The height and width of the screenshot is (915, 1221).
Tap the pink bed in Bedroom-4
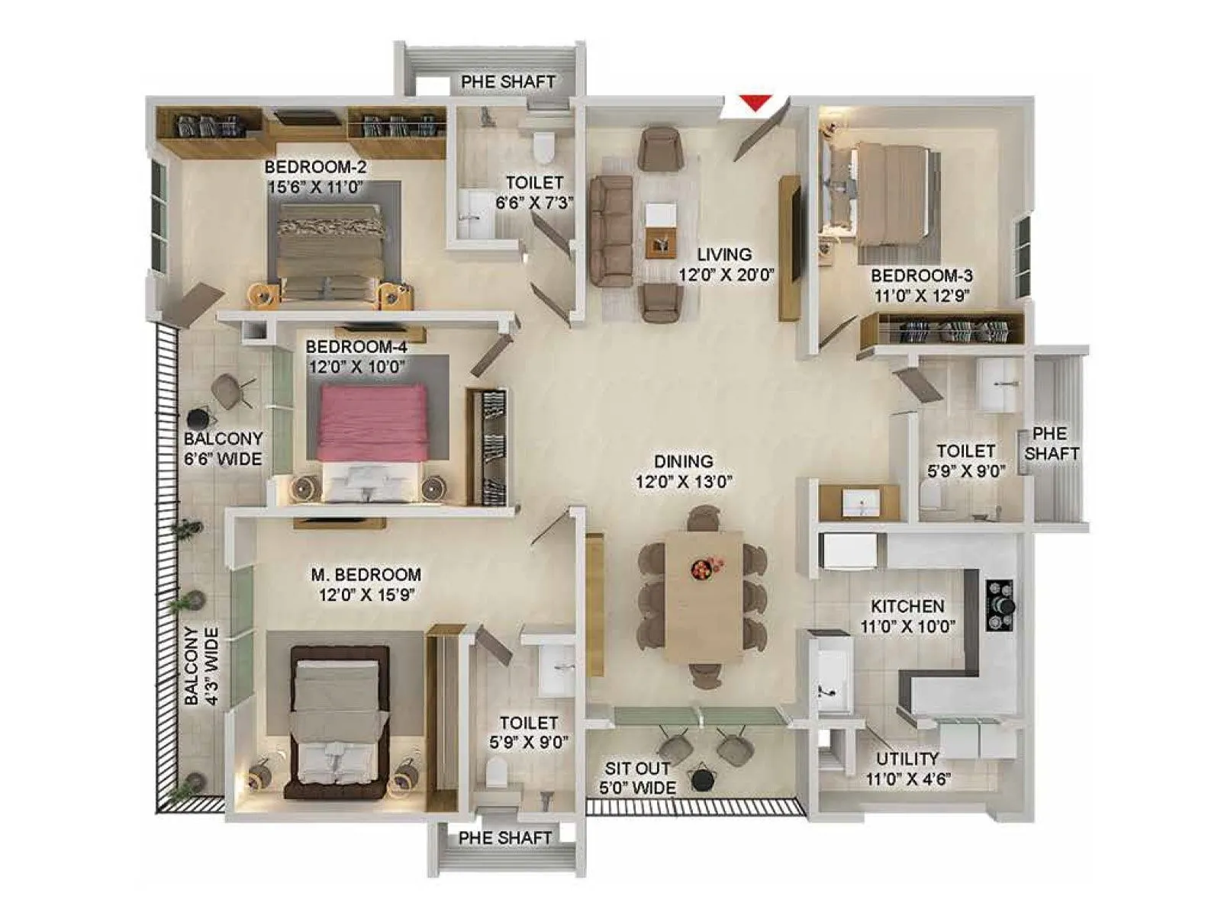pos(372,422)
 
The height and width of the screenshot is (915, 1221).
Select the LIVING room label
pos(724,255)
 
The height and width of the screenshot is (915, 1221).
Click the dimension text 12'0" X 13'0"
pos(684,482)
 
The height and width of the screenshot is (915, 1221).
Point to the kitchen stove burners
pos(1000,605)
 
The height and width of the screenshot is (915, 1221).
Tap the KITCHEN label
pos(907,606)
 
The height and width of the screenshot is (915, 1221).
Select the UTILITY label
pos(907,759)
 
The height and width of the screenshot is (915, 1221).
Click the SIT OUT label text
pos(637,769)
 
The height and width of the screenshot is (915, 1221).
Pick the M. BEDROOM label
pos(366,574)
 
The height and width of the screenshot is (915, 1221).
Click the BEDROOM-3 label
pos(922,275)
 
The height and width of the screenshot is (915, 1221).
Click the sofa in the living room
pos(610,230)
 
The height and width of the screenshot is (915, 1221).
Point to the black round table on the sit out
pos(701,779)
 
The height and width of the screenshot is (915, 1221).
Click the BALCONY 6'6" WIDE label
pos(223,448)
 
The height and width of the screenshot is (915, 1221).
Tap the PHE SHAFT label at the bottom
pos(504,838)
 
